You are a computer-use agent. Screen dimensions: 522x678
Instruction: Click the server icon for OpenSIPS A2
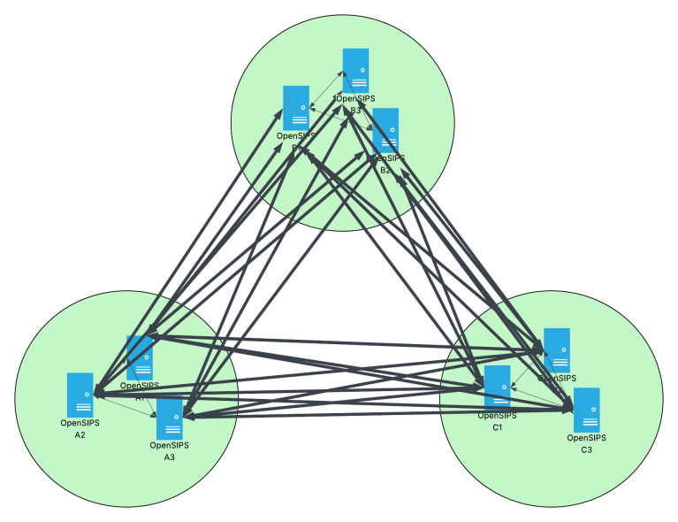[x=80, y=395]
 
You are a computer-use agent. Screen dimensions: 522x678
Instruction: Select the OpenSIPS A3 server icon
[x=170, y=419]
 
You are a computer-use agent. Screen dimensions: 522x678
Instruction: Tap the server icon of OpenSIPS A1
[x=140, y=357]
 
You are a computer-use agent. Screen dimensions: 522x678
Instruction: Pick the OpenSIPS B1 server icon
[x=296, y=108]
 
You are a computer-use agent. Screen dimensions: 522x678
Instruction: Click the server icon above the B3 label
[x=356, y=71]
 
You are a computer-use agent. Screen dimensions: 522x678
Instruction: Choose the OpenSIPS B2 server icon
[x=385, y=130]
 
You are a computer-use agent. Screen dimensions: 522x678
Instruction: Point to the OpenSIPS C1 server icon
[x=497, y=388]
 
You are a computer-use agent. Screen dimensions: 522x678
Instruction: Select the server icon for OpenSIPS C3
[x=587, y=410]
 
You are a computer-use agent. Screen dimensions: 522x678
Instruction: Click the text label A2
[x=80, y=435]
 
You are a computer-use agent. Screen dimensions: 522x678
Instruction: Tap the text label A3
[x=170, y=457]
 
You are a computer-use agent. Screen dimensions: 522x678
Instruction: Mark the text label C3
[x=586, y=449]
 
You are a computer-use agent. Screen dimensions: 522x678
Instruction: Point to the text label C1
[x=497, y=427]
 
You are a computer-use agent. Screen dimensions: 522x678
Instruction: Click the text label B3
[x=356, y=111]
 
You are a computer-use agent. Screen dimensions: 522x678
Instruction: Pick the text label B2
[x=385, y=169]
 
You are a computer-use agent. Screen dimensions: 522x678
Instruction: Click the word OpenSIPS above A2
[x=80, y=423]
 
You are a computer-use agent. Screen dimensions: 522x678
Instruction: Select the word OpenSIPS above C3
[x=586, y=438]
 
